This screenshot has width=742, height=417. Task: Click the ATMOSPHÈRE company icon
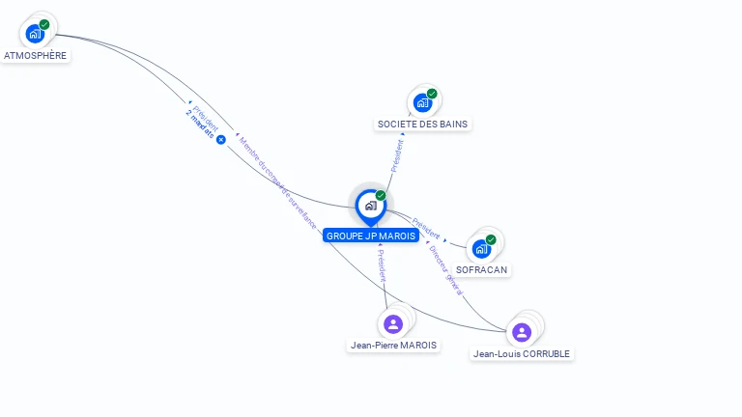click(35, 34)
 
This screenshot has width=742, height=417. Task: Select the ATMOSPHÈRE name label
click(36, 56)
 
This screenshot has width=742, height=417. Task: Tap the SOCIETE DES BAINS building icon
click(422, 102)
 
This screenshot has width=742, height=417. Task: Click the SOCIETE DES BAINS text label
click(422, 125)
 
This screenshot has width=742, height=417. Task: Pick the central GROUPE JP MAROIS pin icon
click(370, 205)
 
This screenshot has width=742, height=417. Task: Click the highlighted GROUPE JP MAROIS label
click(371, 236)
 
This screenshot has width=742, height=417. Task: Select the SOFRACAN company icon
click(481, 248)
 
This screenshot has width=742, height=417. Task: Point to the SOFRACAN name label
click(482, 270)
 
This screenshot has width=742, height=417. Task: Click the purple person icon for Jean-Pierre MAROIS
click(392, 323)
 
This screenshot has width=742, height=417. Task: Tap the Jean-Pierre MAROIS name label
click(393, 345)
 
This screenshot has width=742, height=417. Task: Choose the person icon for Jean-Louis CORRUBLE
click(522, 332)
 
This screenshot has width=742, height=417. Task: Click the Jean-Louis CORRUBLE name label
click(523, 354)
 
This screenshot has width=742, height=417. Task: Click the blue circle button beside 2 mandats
click(220, 140)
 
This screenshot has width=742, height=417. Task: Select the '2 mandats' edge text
click(200, 126)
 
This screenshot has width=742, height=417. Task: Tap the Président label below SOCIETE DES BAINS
click(397, 153)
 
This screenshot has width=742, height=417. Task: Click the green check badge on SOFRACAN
click(491, 239)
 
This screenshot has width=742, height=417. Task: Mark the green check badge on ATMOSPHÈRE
click(44, 25)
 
